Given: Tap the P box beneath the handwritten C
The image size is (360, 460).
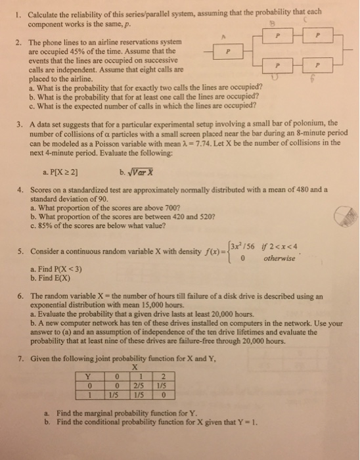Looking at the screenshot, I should [317, 37].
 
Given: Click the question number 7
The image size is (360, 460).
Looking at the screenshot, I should [21, 358].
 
